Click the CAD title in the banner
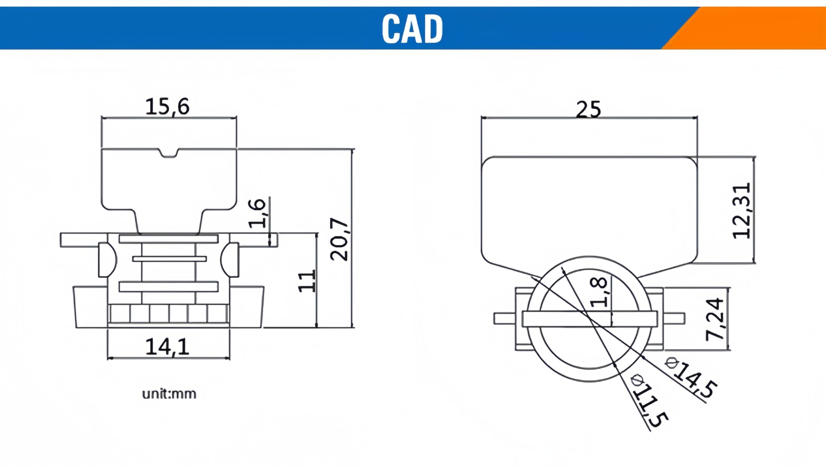coord(412,28)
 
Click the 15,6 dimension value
coord(167,107)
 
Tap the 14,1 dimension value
coord(167,347)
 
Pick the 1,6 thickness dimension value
coord(257,213)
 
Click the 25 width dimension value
coord(588,109)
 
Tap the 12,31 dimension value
coord(742,211)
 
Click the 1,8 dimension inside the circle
coord(599,292)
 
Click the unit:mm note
coord(169,394)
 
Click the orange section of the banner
coord(758,28)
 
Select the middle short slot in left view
coord(169,259)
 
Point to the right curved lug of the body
coord(230,259)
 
